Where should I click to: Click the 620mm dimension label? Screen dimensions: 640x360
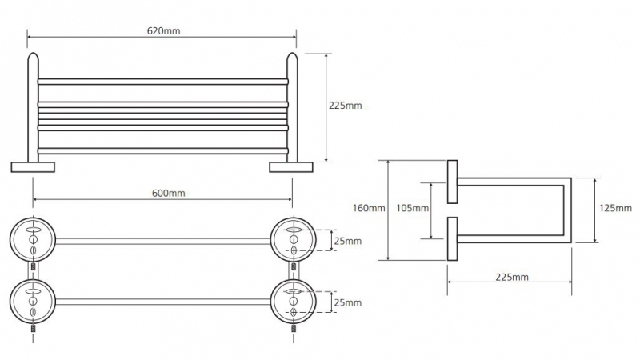tap(163, 31)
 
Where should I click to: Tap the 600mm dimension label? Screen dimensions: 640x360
tap(168, 193)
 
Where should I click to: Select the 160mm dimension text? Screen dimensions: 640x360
tap(369, 208)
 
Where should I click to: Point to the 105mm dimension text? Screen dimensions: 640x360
tap(412, 208)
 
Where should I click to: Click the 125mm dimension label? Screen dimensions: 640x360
tap(615, 208)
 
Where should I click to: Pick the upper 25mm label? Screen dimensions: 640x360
tap(348, 241)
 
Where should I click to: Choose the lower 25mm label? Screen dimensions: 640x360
tap(348, 302)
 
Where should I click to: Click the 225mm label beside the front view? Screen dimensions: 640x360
tap(346, 106)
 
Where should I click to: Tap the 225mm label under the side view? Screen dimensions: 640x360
tap(512, 277)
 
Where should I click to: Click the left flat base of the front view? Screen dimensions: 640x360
tap(33, 167)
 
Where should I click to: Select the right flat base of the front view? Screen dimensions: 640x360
tap(291, 167)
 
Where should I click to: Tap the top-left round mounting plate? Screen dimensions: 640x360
tap(33, 240)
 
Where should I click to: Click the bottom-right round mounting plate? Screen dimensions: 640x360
tap(293, 302)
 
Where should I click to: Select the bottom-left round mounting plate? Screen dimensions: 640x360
tap(33, 302)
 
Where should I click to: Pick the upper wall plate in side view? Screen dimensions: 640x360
tap(452, 182)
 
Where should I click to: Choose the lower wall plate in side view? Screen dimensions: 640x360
tap(452, 238)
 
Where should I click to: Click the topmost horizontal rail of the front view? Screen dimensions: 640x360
tap(163, 82)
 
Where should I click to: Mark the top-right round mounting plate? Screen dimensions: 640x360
tap(293, 240)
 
